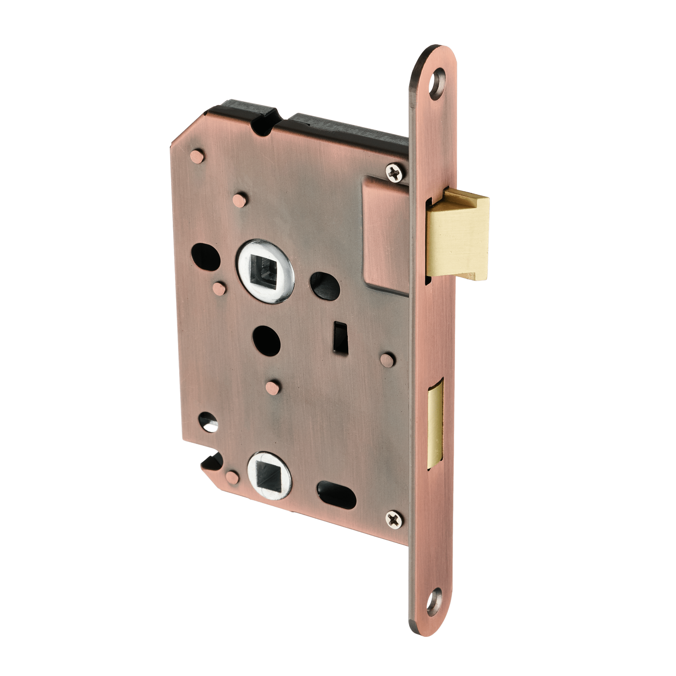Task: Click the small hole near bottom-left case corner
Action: coord(208,421)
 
